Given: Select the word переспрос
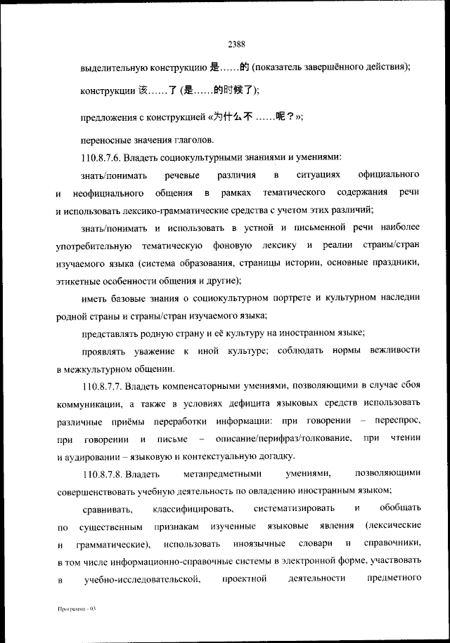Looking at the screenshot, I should click(395, 421).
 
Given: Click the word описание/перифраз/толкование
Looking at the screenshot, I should click(278, 439).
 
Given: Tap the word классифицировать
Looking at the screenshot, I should click(191, 508).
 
